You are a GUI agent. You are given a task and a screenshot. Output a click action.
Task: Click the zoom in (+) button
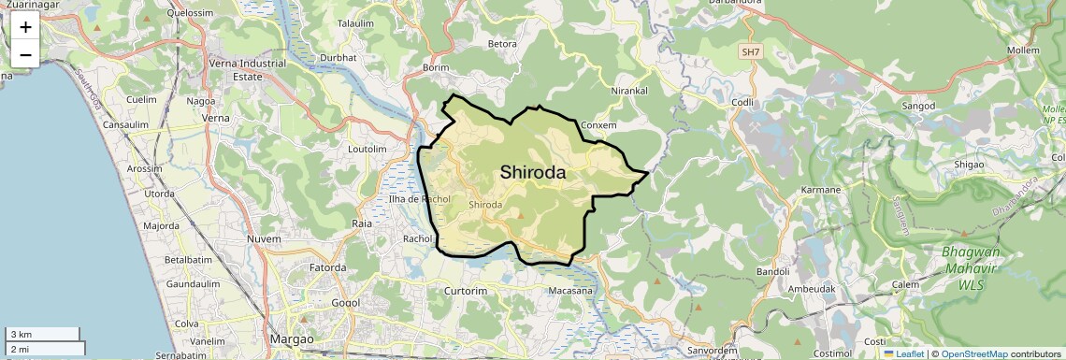coord(25,27)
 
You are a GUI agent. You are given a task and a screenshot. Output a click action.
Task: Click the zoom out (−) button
coord(25,54)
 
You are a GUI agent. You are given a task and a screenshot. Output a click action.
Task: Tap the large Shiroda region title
coord(533,172)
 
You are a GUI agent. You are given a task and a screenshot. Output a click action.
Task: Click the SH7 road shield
coord(750,53)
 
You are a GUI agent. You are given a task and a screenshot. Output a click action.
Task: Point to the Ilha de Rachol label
coord(419,199)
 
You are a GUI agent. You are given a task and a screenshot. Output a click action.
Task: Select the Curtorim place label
coord(466,291)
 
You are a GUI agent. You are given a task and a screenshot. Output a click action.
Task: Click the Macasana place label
coord(570,291)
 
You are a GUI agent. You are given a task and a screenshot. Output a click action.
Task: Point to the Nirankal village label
coord(629,91)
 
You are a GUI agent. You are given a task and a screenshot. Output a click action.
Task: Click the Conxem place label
coord(598,124)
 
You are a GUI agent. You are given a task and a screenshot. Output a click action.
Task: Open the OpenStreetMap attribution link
coord(973,353)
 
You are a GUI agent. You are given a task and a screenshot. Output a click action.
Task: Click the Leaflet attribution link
coord(903,353)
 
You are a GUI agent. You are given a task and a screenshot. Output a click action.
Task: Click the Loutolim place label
coord(367,149)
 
